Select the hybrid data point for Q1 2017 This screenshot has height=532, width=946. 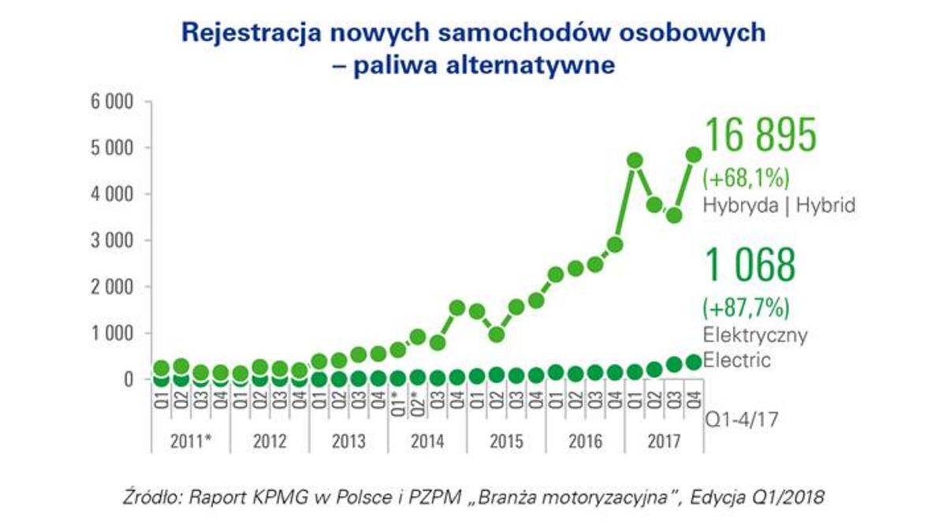[x=635, y=161]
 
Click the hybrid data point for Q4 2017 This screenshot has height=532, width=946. [x=695, y=154]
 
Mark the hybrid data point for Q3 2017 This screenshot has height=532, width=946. [x=675, y=215]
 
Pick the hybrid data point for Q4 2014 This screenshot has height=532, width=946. [x=458, y=307]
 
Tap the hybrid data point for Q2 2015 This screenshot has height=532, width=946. [x=497, y=334]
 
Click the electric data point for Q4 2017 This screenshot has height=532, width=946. [x=695, y=362]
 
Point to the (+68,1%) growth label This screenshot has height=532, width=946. [x=745, y=176]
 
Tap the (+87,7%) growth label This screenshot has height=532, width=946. [x=745, y=306]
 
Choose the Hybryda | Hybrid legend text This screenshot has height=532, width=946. [x=779, y=206]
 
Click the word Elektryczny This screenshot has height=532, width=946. [x=755, y=335]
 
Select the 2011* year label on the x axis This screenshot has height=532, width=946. [x=191, y=441]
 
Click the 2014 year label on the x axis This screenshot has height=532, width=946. [x=428, y=441]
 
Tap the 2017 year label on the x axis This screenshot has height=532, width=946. [x=665, y=441]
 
